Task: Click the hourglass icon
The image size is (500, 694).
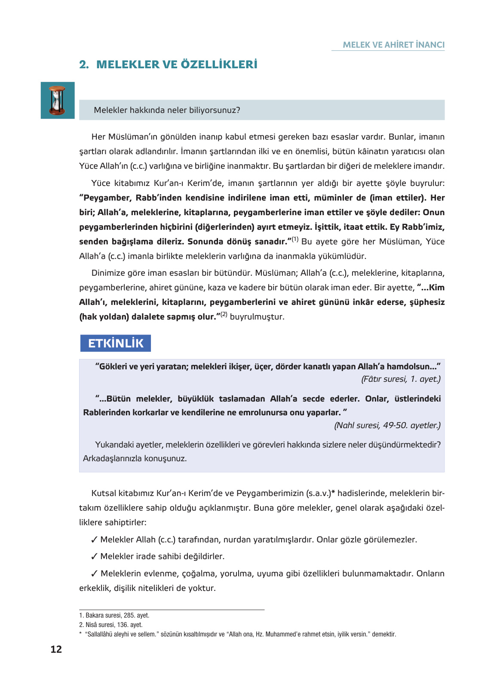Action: (x=58, y=100)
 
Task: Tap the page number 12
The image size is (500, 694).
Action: (x=56, y=649)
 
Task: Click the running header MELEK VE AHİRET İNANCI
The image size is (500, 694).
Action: (x=393, y=45)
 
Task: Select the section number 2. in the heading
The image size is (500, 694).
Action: (x=84, y=64)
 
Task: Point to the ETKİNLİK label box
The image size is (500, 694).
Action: (x=116, y=343)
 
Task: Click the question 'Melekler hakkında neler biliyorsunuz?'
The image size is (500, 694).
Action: (x=167, y=110)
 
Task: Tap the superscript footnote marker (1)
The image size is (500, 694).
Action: (x=295, y=239)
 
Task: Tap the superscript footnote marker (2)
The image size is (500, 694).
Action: (x=224, y=314)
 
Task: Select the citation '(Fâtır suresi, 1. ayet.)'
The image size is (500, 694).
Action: (x=401, y=379)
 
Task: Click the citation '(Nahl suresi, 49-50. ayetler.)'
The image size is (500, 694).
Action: (x=387, y=425)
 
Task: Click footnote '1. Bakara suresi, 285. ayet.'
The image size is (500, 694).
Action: (x=114, y=615)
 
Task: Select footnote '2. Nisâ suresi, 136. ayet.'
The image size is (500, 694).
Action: (x=110, y=625)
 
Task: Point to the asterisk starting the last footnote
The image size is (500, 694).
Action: (x=80, y=634)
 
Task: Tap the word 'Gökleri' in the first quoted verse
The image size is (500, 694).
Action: (x=113, y=366)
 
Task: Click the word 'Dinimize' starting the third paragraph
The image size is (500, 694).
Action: (x=107, y=273)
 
